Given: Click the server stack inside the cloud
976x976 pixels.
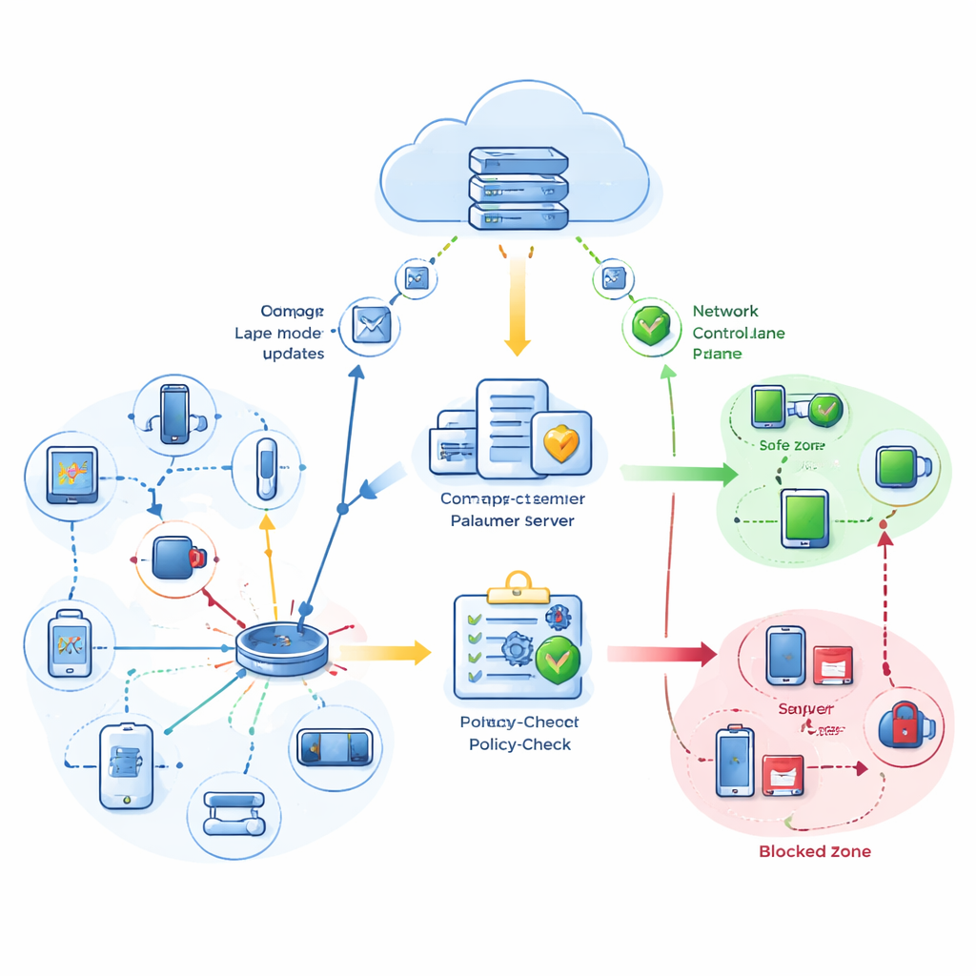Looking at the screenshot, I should pos(518,187).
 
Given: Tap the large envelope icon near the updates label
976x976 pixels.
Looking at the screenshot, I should pos(369,324).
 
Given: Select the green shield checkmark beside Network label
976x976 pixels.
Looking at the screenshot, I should pos(652,327).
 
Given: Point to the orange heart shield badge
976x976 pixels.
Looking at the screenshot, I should pos(561,442).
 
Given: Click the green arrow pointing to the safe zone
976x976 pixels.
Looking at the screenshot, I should pos(680,472).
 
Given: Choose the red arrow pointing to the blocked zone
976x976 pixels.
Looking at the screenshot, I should pos(661,653).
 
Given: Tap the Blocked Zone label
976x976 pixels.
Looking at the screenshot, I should pos(814,851).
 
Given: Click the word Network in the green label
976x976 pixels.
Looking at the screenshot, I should pos(725,311).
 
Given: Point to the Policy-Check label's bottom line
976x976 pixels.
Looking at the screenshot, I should pos(520,743).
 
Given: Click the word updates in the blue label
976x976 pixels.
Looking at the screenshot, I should pos(293,354).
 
